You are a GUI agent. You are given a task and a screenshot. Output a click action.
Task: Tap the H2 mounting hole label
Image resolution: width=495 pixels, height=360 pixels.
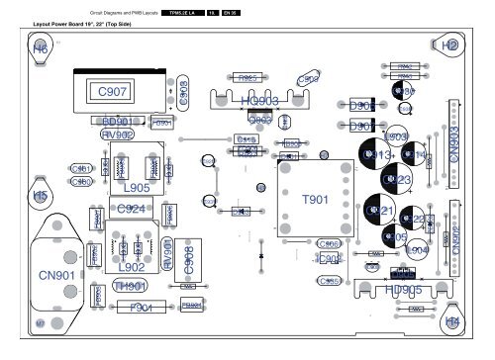point(450,45)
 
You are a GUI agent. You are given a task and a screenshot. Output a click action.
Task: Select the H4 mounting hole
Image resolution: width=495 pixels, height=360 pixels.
point(452,322)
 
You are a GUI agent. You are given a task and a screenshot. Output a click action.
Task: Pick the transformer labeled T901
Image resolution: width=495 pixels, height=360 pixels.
point(315,201)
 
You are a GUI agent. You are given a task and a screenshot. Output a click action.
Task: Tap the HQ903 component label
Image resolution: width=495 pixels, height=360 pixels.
point(259,101)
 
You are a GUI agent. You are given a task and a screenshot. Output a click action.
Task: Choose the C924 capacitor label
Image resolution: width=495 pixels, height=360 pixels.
point(132,209)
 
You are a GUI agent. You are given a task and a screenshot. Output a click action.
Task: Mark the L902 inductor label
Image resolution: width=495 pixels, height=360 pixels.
point(131,267)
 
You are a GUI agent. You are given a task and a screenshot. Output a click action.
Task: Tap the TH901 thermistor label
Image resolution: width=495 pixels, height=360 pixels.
point(131,287)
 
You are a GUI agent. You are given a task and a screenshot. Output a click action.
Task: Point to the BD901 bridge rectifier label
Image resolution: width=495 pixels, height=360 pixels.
point(119,121)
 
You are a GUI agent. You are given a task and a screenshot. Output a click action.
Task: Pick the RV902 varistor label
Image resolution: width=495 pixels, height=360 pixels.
point(118,135)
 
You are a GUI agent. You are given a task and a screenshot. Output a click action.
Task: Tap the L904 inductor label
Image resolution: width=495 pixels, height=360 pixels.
point(418,251)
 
